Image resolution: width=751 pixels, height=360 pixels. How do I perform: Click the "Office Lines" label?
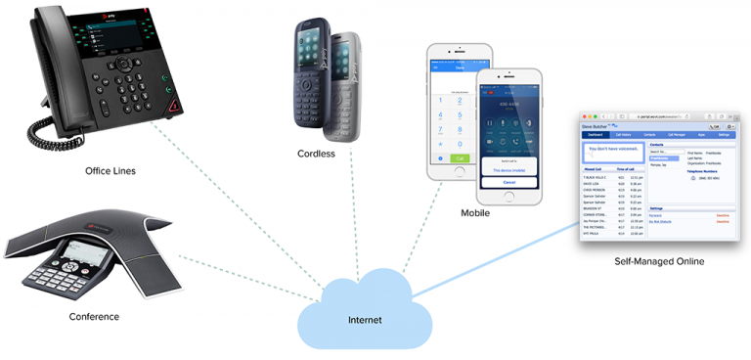tap(110, 171)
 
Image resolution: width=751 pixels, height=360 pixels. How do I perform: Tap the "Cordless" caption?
tap(316, 154)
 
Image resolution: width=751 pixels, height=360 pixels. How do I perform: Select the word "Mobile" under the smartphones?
tap(475, 212)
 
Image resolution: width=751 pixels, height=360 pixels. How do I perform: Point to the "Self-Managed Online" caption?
tap(658, 261)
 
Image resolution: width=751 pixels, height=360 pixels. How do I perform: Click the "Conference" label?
tap(94, 316)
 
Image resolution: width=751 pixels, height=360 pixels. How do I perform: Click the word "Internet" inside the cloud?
tap(365, 320)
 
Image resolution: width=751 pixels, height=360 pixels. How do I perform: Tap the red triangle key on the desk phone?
tap(174, 103)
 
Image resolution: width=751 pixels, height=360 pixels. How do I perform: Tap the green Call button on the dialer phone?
tap(459, 157)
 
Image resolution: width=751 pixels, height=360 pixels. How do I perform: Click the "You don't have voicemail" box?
tap(613, 153)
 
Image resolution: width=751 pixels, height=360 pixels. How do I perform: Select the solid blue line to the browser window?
tap(499, 259)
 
